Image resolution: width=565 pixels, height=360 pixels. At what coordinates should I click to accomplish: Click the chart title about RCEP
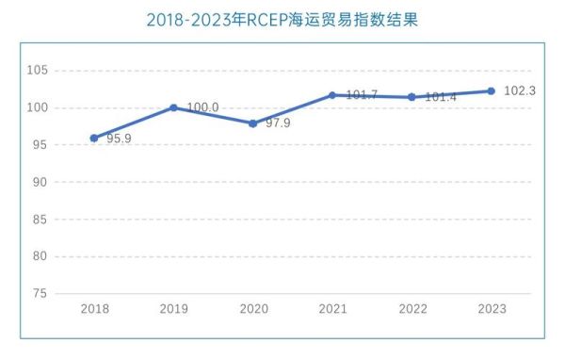282,20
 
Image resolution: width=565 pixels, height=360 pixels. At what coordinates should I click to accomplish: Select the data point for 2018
94,138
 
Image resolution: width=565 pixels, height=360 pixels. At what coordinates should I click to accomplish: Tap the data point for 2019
173,107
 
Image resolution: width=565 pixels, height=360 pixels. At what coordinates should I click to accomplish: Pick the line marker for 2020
253,123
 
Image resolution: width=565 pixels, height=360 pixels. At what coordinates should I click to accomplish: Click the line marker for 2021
332,95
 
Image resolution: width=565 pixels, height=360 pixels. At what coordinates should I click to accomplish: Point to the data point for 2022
412,97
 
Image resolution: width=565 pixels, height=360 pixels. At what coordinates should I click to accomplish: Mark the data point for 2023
491,90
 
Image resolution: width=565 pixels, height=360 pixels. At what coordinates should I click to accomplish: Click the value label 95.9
119,139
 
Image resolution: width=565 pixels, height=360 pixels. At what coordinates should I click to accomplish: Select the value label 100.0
202,107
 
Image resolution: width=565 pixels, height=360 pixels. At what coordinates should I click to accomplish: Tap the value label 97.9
278,123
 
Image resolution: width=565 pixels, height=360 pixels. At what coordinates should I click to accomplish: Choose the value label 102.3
519,90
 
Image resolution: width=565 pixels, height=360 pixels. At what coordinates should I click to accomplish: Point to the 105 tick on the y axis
37,71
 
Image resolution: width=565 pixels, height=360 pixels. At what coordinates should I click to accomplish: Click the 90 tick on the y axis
40,182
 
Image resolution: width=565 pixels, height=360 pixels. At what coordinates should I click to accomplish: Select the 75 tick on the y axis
40,293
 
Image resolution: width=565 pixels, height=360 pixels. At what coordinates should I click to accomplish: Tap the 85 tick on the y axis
40,219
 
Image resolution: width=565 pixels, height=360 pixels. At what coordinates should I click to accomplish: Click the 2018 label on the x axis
94,309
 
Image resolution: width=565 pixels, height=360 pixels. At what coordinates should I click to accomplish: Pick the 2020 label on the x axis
253,309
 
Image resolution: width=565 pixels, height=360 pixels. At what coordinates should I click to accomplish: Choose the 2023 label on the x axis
491,309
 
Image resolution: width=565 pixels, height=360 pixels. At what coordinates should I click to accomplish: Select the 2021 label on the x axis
332,309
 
